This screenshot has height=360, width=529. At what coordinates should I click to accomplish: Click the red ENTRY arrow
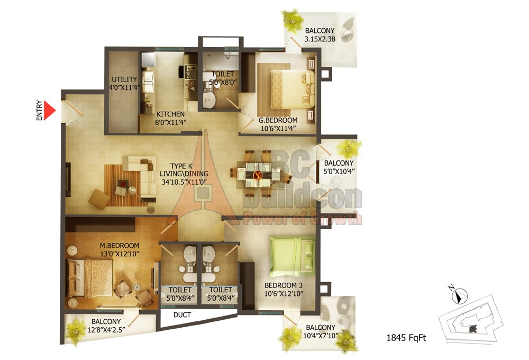(x=49, y=110)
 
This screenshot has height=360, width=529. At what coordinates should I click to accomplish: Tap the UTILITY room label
(x=124, y=79)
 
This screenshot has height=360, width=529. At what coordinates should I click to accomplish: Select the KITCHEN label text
(x=170, y=114)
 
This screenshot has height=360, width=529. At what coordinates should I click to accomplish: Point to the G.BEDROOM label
(x=278, y=120)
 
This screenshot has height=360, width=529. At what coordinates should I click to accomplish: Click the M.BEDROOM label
(x=120, y=246)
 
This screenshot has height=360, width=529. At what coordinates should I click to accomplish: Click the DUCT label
(x=182, y=315)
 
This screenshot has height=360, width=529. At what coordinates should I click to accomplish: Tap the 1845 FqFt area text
(x=406, y=337)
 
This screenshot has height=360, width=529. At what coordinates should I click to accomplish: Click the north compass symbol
(x=459, y=295)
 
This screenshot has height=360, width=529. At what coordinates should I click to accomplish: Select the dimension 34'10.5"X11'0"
(x=184, y=182)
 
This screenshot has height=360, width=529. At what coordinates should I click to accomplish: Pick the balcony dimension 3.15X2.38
(x=320, y=39)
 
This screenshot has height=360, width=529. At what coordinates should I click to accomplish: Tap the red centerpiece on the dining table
(x=258, y=175)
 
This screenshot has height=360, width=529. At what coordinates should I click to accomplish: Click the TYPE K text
(x=181, y=166)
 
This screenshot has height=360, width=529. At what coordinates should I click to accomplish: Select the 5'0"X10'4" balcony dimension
(x=339, y=171)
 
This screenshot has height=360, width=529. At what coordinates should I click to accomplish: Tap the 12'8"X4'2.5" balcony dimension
(x=106, y=330)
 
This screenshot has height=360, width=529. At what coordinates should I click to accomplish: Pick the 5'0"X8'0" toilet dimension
(x=223, y=82)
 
